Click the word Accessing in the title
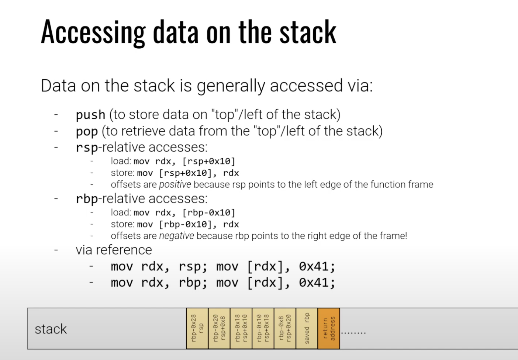click(x=93, y=32)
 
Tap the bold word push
click(x=91, y=115)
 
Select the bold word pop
click(x=87, y=132)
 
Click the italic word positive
click(x=175, y=184)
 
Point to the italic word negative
click(x=177, y=236)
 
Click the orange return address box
click(x=329, y=328)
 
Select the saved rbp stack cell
click(x=307, y=328)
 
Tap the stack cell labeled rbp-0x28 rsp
click(x=197, y=328)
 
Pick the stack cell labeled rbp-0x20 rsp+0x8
click(x=219, y=328)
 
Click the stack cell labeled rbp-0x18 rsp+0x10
click(x=241, y=328)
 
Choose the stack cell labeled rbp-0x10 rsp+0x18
click(x=263, y=328)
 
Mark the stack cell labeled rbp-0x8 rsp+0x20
click(x=285, y=328)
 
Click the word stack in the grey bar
click(x=51, y=329)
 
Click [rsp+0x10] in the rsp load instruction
click(x=209, y=162)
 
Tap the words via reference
click(x=114, y=250)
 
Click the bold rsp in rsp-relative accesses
click(x=87, y=148)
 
